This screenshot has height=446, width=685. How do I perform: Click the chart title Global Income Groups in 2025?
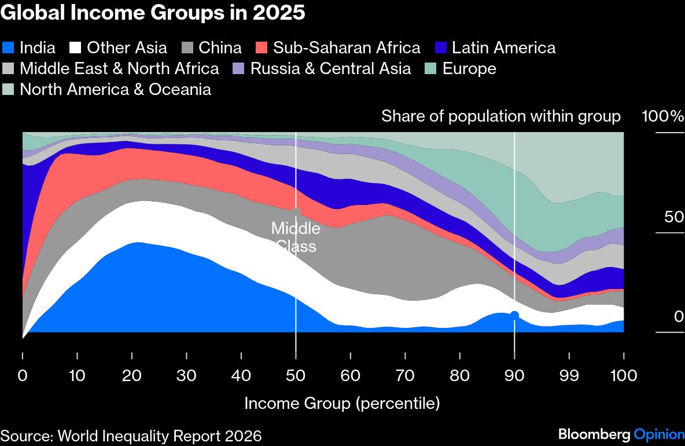(153, 13)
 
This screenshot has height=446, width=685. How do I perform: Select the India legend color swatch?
(9, 47)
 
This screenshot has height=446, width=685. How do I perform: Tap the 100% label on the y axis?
(662, 116)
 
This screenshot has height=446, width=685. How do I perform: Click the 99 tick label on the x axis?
(569, 375)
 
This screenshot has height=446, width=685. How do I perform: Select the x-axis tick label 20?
(131, 375)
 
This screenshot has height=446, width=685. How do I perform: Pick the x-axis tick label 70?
(405, 375)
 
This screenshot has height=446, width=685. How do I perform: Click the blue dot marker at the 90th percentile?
(514, 315)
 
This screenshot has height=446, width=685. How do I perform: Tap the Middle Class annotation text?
(296, 237)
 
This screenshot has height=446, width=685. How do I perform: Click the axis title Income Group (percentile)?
(342, 403)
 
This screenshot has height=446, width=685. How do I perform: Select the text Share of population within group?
(500, 116)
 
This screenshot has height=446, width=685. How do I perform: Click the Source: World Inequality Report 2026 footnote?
(131, 436)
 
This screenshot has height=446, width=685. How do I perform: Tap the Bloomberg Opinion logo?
(620, 434)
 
